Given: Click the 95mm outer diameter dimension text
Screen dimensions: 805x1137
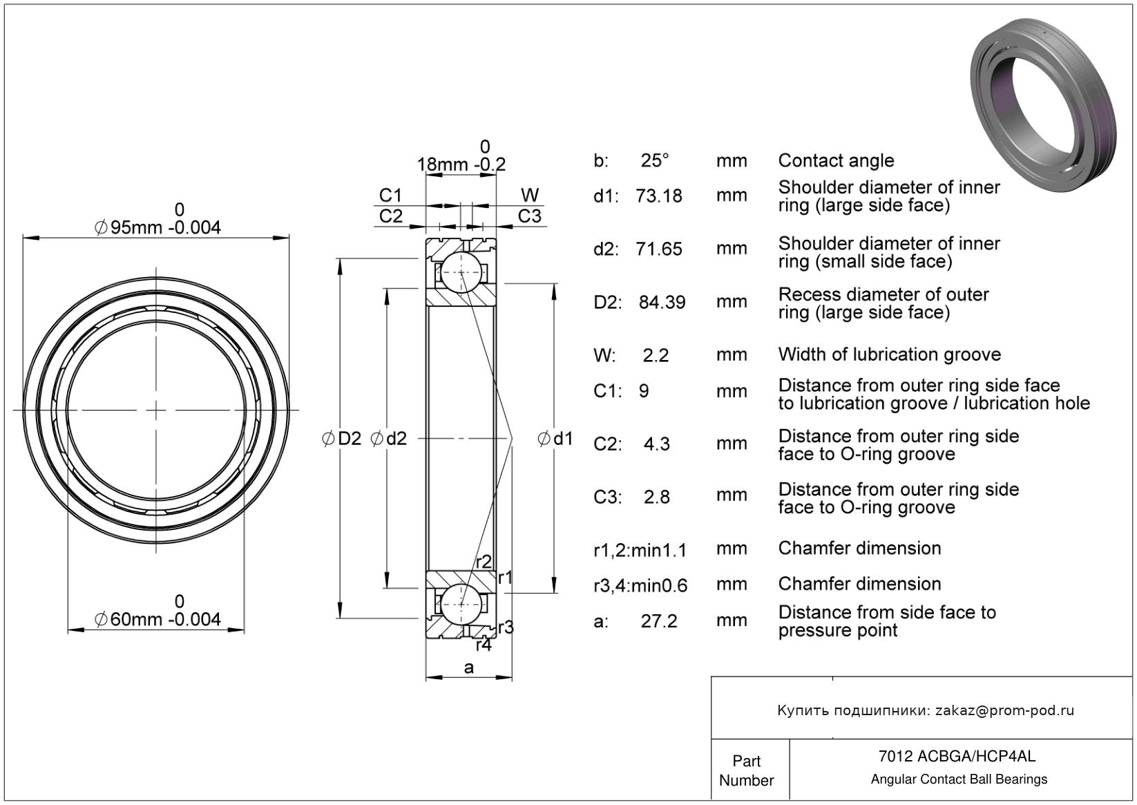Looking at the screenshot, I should pos(158,227).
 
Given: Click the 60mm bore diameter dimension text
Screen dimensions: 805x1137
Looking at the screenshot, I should pos(158,619).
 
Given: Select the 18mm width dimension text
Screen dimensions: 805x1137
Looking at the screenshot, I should pos(461,164).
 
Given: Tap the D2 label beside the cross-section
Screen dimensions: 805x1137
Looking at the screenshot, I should pos(343,438).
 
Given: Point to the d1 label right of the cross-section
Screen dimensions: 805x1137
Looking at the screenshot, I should pos(556,438).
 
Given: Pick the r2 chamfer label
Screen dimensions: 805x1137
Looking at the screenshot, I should pos(484,561).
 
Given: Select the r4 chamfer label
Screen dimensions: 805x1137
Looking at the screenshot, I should pos(484,645).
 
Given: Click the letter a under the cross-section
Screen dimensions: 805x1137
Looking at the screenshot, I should pos(469,667).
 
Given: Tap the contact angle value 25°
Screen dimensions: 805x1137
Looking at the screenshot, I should pos(655,160).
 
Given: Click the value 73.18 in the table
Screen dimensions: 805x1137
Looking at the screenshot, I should pos(659,196).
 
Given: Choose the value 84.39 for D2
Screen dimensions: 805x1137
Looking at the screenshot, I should pos(662,302).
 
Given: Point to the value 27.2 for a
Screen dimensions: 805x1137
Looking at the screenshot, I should pos(659,621).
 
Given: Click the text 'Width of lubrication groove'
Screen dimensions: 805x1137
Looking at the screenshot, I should pos(889,354).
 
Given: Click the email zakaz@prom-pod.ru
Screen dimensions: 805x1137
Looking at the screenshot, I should pos(1004,710).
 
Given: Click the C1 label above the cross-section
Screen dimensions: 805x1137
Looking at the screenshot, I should pos(390,196).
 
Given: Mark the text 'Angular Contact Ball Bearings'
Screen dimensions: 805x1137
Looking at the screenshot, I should pos(959,779).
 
